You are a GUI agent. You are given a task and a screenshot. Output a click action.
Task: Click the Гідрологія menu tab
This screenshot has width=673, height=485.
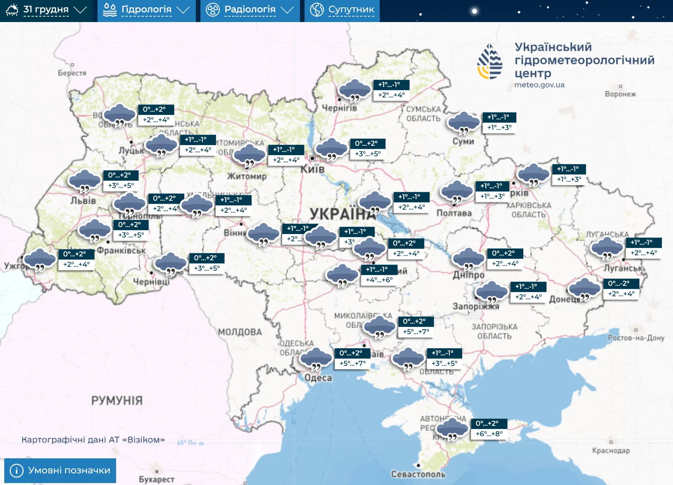(x=146, y=10)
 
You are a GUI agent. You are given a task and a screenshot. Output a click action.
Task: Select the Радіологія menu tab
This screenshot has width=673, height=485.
(x=250, y=10)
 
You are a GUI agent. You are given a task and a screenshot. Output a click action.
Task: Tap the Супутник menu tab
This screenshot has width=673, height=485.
(x=342, y=10)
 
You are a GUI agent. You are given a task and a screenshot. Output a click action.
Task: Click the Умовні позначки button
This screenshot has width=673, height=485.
(x=60, y=470)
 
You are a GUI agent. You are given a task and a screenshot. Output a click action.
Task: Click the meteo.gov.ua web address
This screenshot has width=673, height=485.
(x=539, y=85)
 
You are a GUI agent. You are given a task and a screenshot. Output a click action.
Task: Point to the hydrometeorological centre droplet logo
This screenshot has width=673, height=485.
(x=490, y=62)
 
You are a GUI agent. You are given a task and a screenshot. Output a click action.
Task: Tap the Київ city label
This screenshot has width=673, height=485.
(x=313, y=169)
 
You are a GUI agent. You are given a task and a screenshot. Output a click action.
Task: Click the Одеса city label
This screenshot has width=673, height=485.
(x=318, y=378)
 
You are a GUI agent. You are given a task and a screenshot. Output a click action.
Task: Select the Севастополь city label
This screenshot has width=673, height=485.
(x=418, y=474)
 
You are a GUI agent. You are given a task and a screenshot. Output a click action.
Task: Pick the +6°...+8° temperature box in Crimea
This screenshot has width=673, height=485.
(x=489, y=434)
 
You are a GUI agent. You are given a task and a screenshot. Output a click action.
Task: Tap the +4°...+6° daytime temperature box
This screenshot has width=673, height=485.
(x=379, y=280)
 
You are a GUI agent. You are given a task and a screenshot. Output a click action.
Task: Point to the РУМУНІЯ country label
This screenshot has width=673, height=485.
(x=117, y=400)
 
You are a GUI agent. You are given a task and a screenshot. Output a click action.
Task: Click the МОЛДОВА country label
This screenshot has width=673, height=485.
(x=240, y=332)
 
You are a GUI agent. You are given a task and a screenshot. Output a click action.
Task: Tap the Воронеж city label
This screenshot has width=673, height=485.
(x=620, y=94)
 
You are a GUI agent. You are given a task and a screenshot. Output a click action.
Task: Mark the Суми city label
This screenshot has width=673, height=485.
(x=463, y=142)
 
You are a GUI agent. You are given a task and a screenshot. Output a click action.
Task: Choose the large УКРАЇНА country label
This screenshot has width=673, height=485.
(x=342, y=213)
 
